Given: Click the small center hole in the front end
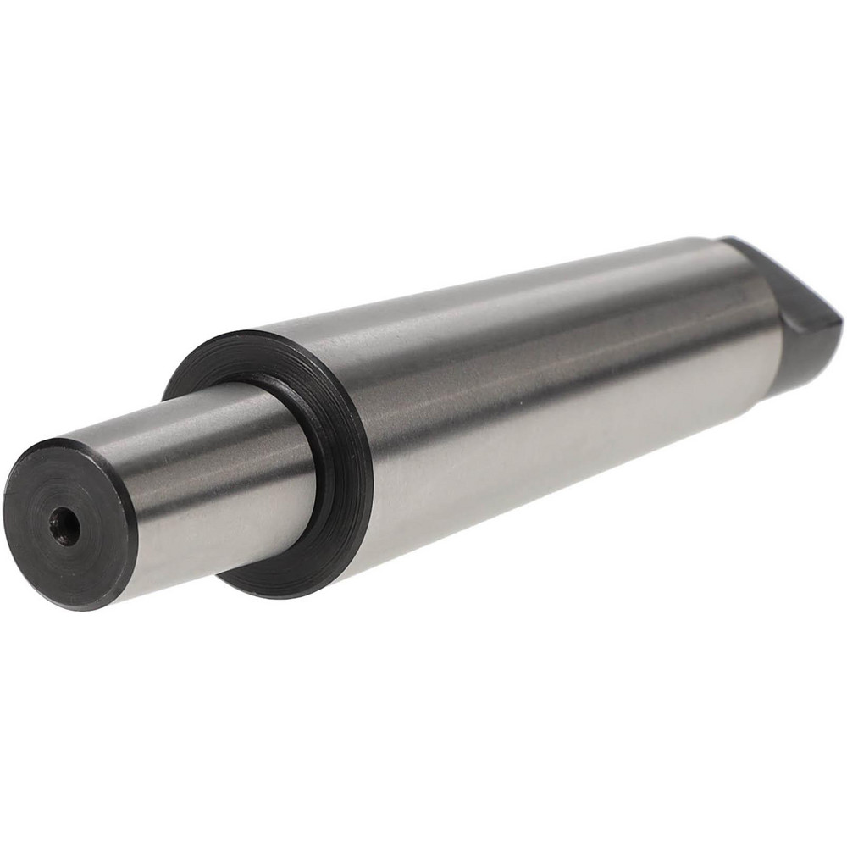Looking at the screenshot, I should coord(64,528).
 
